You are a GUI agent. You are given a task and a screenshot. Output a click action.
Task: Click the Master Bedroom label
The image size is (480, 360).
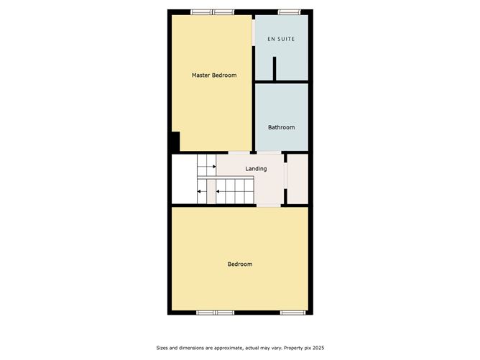point(213,75)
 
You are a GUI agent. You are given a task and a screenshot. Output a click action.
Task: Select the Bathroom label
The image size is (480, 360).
point(281,127)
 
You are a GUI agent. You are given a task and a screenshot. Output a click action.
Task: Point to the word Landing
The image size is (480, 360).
point(256,169)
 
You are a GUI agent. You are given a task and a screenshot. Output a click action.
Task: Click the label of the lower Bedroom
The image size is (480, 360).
point(240,264)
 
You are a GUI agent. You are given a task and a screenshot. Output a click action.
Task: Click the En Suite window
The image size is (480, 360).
point(289,11)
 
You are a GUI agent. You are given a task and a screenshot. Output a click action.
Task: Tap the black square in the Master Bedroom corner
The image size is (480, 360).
point(175,142)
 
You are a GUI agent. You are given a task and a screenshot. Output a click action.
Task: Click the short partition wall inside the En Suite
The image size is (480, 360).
point(274,68)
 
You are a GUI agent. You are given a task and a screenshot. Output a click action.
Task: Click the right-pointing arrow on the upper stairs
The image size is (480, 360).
point(213,167)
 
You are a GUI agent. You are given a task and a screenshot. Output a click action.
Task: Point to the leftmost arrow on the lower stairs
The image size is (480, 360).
point(200,191)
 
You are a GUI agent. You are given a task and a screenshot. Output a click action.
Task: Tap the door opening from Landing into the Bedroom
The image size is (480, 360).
point(269,206)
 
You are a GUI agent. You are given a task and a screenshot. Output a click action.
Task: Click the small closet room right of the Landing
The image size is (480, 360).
point(297,177)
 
